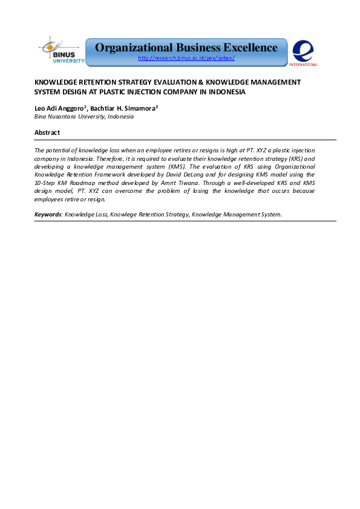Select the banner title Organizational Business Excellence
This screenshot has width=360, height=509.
click(x=186, y=48)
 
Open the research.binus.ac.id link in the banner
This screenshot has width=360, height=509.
click(x=186, y=58)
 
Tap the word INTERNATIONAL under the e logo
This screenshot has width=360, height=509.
click(x=303, y=64)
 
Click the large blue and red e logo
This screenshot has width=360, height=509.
click(x=303, y=50)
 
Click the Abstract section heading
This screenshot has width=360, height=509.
click(x=47, y=132)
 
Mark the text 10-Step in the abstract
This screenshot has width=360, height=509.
click(x=46, y=182)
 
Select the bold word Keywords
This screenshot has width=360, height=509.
click(x=48, y=215)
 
